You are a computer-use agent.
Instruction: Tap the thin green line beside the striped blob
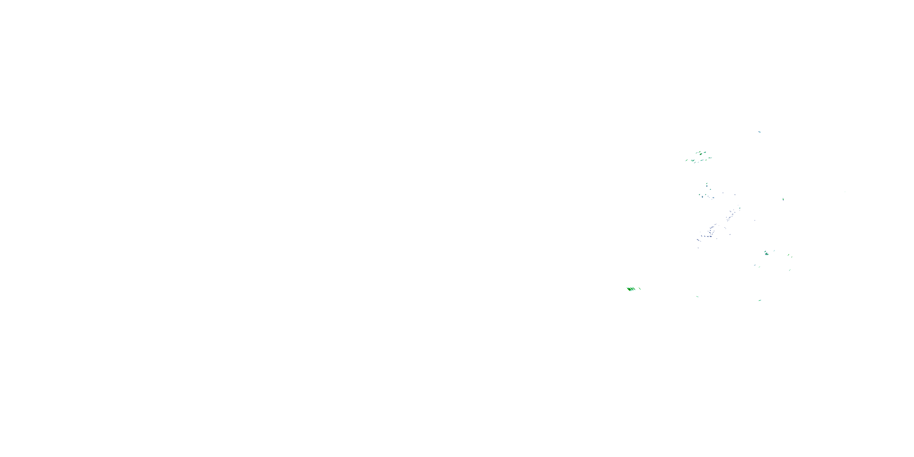pos(640,288)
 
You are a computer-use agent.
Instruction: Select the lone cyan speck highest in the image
pos(759,132)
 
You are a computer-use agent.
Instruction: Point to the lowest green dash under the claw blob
pos(759,300)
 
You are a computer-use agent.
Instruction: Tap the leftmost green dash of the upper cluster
pos(687,160)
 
